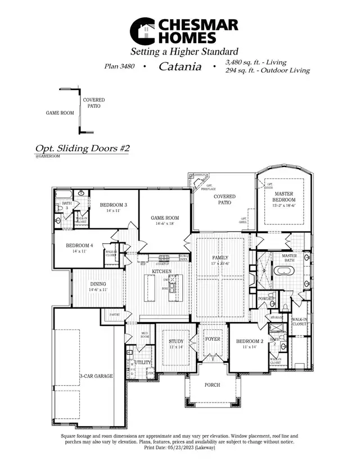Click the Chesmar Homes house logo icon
(x=143, y=31)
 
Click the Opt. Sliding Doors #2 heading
(x=83, y=148)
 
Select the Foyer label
(x=212, y=340)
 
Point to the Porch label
(x=212, y=385)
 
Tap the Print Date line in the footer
(x=179, y=448)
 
